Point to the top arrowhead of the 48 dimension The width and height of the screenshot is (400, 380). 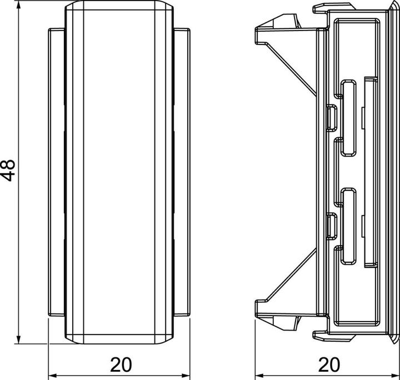coord(19,7)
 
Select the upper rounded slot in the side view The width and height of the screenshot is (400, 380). coord(349,118)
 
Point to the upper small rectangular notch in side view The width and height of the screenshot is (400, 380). coord(331,116)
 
